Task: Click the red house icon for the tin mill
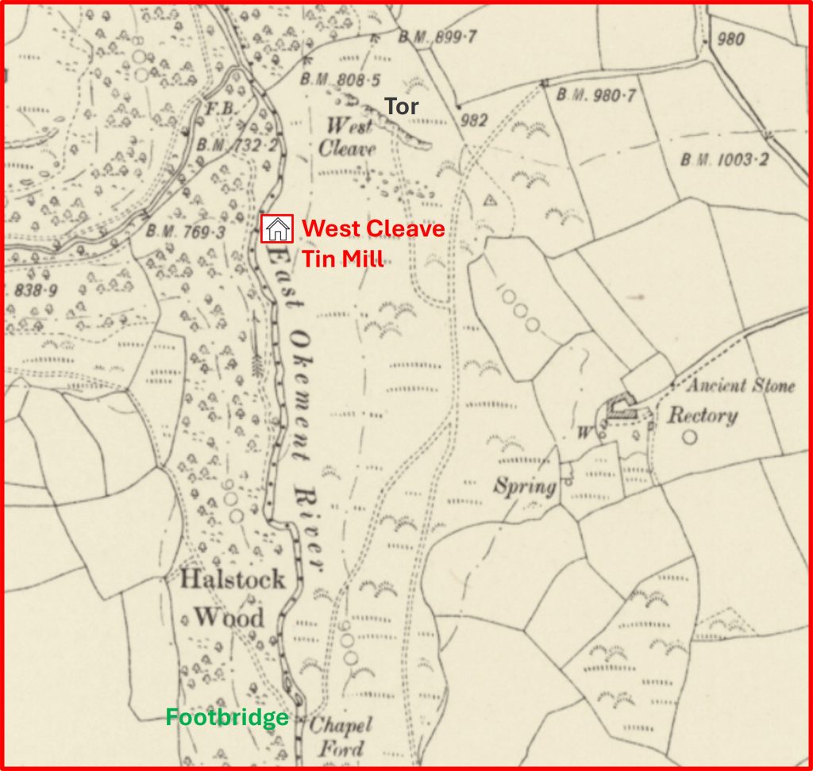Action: click(277, 229)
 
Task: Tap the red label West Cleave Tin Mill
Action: click(373, 243)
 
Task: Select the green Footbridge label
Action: click(226, 719)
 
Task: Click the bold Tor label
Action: click(402, 107)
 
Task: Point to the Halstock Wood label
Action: click(231, 597)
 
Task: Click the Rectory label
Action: click(702, 416)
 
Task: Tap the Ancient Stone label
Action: click(739, 386)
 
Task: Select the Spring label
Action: click(525, 485)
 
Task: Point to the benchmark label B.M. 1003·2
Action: click(724, 160)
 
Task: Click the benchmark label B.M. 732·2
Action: click(226, 145)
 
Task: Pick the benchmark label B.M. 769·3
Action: click(185, 232)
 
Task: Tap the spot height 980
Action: click(730, 38)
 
